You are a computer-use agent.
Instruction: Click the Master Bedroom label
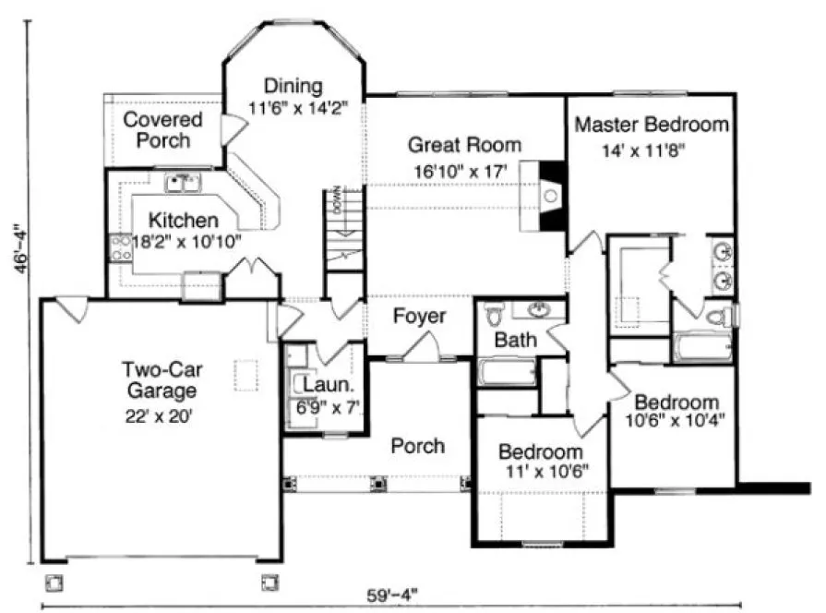coord(652,125)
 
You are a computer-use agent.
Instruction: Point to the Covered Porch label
coord(162,130)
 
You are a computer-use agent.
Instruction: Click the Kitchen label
coord(184,221)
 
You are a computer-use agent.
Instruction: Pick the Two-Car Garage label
coord(162,380)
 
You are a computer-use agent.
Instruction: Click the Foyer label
coord(419,317)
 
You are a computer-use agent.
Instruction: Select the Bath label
coord(515,340)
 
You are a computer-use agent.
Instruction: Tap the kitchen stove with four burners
coord(121,246)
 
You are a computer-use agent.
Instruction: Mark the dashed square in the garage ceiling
coord(245,374)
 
